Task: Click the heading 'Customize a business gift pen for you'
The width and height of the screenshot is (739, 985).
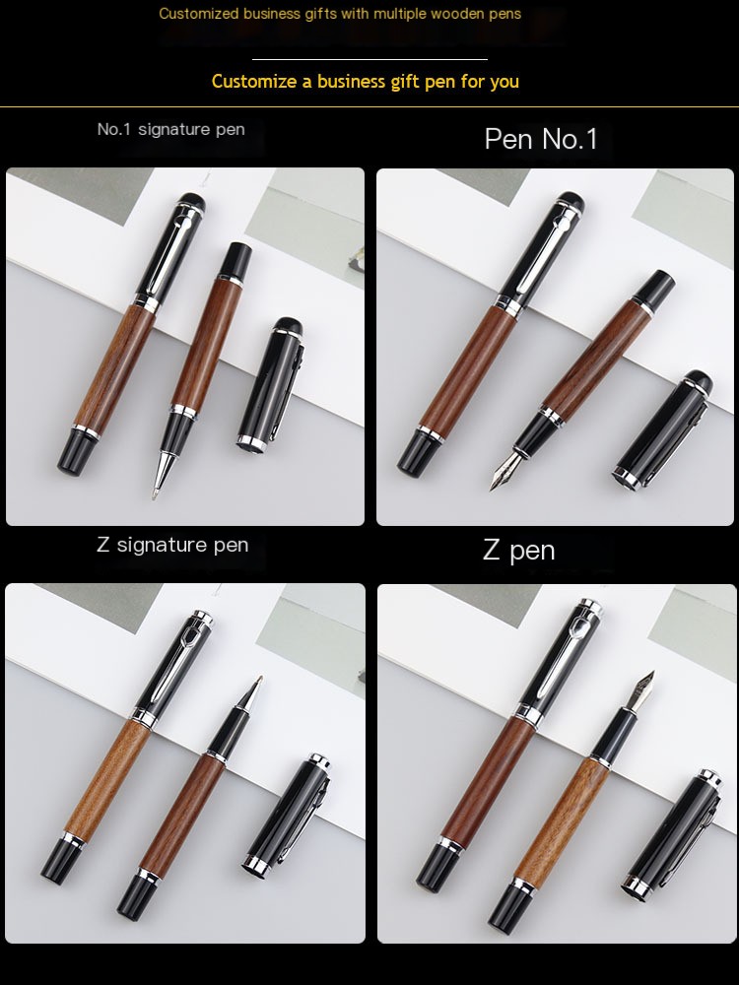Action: (366, 82)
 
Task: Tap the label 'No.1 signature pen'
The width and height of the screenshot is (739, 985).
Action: (170, 129)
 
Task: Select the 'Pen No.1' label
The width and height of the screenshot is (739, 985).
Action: (540, 139)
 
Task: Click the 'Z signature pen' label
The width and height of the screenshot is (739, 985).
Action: (172, 545)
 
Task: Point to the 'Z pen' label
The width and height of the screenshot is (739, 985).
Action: (519, 551)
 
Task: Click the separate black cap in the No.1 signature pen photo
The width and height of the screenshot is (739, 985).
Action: (271, 384)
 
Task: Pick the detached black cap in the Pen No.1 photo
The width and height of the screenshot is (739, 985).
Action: (662, 429)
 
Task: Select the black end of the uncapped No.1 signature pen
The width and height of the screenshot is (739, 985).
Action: (236, 258)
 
